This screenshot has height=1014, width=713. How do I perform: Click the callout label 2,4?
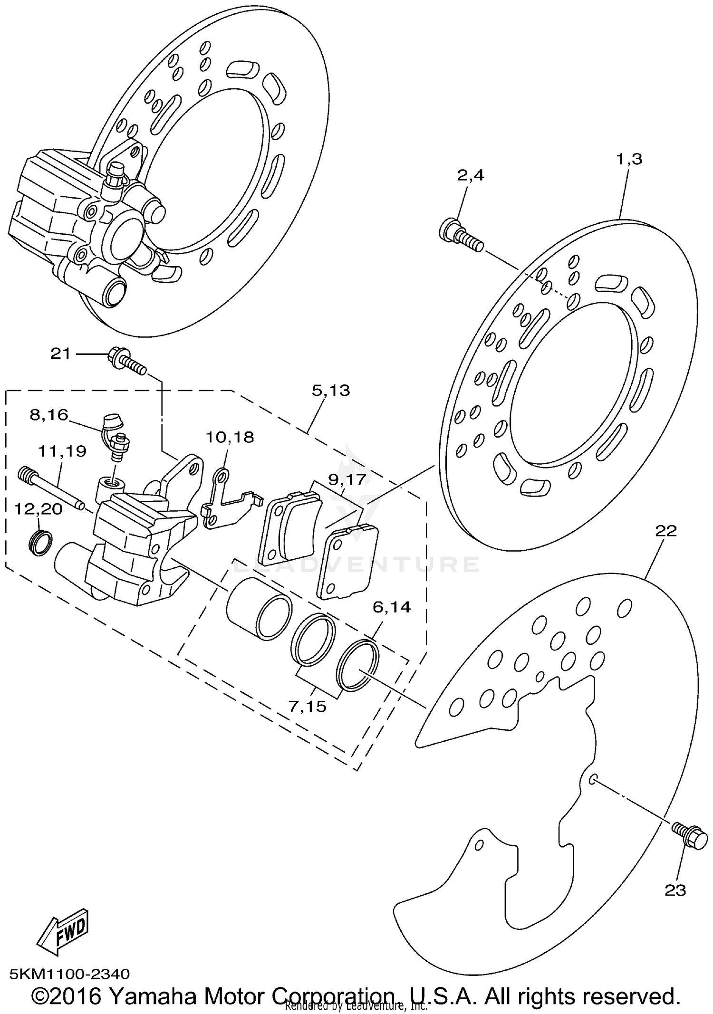coord(470,175)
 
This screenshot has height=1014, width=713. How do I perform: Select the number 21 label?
coord(60,354)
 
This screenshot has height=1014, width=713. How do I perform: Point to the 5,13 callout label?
coord(331,391)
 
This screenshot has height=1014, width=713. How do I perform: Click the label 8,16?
coord(49,415)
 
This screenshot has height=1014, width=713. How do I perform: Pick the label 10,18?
coord(230,437)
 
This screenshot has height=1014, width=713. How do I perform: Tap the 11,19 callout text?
coord(62,451)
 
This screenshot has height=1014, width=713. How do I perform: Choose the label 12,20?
coord(38,509)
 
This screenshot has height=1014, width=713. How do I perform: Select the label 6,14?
coord(391,607)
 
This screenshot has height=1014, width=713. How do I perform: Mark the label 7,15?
coord(308,707)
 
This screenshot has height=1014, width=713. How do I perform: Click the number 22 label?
coord(665,531)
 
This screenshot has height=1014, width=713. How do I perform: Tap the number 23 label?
coord(675,890)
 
